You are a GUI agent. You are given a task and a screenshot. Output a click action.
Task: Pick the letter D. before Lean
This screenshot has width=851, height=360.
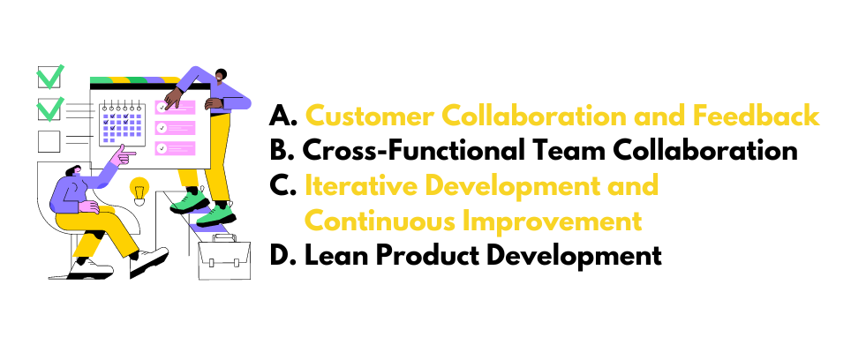[x=284, y=256]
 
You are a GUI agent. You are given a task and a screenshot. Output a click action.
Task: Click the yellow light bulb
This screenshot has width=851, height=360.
[x=139, y=188]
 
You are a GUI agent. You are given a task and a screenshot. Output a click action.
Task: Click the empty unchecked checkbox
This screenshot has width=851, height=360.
[x=49, y=141]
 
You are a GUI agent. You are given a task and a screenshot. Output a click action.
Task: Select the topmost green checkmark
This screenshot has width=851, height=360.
[x=49, y=78]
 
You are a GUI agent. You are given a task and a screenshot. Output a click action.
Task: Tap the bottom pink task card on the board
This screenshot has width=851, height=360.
[x=175, y=147]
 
